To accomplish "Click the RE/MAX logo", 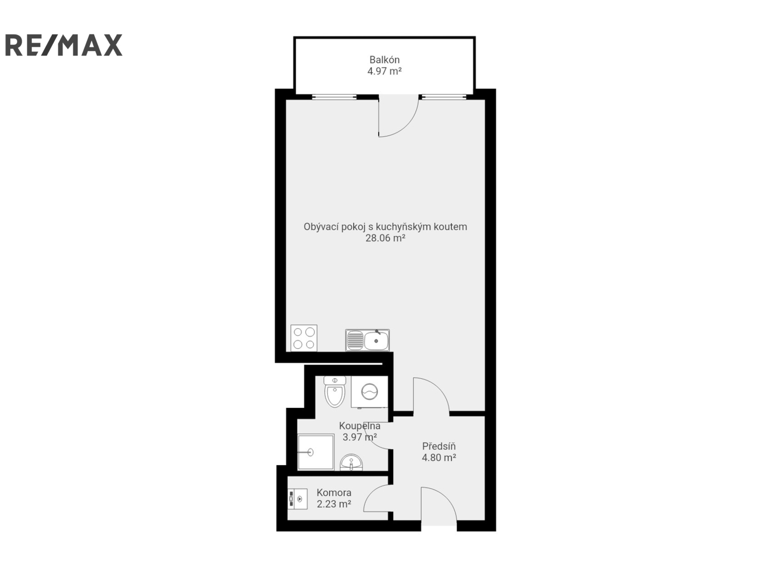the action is [x=64, y=45].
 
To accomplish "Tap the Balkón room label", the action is [x=384, y=60].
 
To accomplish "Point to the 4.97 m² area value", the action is [x=384, y=71].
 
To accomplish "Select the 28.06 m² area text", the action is [x=385, y=238].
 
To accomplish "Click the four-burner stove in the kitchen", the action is [x=304, y=338].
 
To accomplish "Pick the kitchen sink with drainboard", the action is [x=367, y=341].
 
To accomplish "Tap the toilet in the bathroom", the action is [x=335, y=391].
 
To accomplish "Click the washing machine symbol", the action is [x=370, y=392].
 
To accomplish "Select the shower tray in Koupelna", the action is [x=316, y=452].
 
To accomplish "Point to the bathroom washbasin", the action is [x=351, y=462].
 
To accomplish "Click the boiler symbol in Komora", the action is [x=297, y=499].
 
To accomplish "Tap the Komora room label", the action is [x=334, y=493].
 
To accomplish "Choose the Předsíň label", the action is [x=439, y=446].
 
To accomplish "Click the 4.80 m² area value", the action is [x=439, y=458].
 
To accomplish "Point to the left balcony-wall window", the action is [x=334, y=97].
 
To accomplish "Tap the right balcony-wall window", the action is [x=444, y=97].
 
